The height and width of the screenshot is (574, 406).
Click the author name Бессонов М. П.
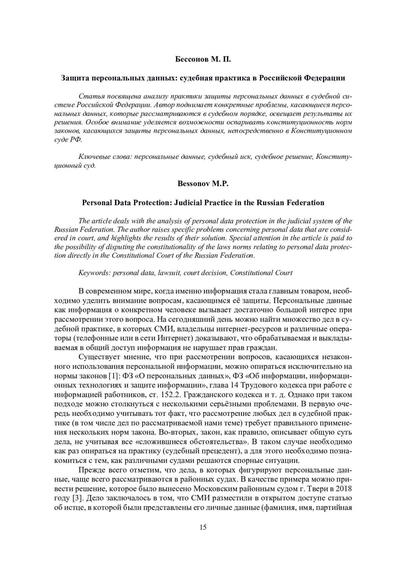point(203,60)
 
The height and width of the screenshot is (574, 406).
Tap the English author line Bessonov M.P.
point(203,184)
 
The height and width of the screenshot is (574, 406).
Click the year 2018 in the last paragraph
point(344,489)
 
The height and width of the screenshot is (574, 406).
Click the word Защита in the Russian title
point(75,78)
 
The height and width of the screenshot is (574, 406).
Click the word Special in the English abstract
point(243,238)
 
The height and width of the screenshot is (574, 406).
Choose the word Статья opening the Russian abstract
point(90,96)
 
